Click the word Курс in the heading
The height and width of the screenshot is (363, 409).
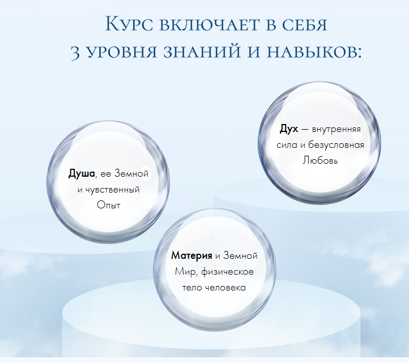click(x=129, y=25)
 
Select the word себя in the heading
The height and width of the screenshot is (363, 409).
click(x=308, y=25)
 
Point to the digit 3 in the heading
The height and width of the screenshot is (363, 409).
click(x=76, y=53)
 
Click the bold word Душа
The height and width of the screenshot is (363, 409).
click(x=82, y=173)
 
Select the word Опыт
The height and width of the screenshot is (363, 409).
click(x=108, y=205)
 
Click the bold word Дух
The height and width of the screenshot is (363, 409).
click(x=289, y=129)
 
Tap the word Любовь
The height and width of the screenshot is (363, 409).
click(x=321, y=161)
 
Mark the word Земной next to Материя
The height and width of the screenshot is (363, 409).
click(x=241, y=256)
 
